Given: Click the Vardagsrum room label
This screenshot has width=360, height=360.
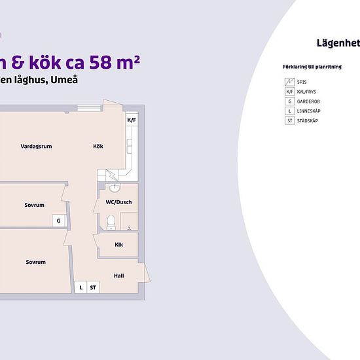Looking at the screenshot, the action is (36, 147).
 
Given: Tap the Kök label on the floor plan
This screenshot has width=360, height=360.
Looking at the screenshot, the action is (98, 146).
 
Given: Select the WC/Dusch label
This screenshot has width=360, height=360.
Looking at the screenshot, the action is (118, 202).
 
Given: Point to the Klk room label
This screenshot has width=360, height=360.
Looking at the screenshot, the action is (118, 245).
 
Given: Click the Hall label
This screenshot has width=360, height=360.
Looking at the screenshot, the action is (118, 276).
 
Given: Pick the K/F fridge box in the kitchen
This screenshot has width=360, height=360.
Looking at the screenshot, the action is (132, 120).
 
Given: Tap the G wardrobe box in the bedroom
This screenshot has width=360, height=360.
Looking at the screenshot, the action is (59, 221).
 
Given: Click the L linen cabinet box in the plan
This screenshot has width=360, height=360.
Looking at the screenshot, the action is (81, 287).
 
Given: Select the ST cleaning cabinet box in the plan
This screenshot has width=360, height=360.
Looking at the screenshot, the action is (93, 287).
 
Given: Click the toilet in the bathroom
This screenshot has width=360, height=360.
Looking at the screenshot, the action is (111, 223).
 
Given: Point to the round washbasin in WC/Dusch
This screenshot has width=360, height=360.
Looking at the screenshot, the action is (115, 188).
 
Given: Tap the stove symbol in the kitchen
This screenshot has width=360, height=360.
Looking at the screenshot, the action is (112, 175).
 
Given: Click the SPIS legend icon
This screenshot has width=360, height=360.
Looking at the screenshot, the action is (290, 82).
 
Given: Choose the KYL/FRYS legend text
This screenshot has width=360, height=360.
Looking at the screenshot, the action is (306, 92).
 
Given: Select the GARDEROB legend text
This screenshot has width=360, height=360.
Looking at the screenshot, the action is (308, 101).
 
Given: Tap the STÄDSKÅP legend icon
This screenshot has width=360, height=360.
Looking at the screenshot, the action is (290, 120).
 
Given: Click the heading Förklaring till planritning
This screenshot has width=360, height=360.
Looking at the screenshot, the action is (312, 67).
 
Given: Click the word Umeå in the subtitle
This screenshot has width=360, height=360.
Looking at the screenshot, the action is (64, 80).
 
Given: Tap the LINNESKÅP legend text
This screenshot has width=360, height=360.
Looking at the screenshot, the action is (308, 111).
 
